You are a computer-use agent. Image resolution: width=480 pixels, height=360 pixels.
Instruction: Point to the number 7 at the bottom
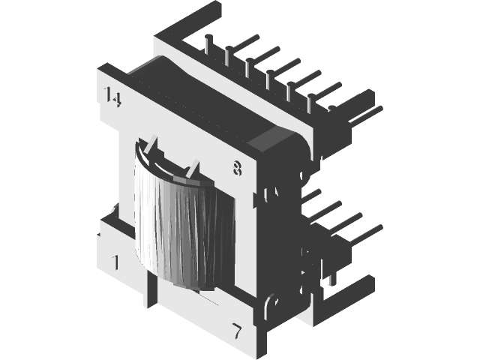(x=237, y=330)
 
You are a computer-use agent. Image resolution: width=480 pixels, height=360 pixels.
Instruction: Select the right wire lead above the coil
(x=193, y=168)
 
